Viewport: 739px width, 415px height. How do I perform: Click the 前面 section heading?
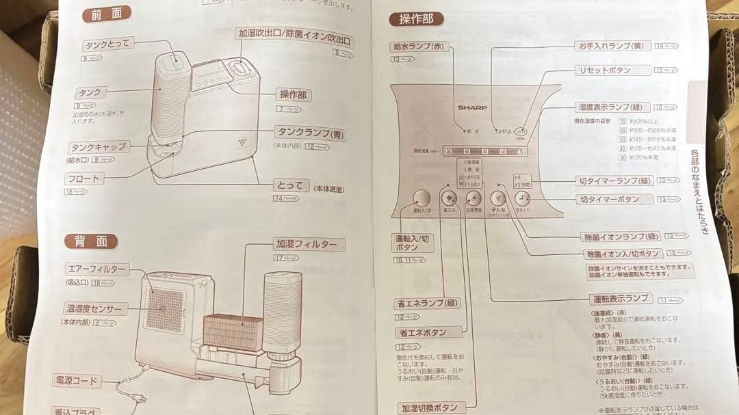click(106, 14)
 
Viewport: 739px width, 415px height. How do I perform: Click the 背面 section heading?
click(91, 241)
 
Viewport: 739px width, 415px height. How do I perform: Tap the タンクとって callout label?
click(107, 45)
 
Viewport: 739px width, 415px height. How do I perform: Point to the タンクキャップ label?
click(98, 147)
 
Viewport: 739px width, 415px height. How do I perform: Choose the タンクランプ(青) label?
click(310, 133)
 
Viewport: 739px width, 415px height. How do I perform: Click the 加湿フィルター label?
click(306, 244)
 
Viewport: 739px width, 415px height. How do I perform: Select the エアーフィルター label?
click(95, 269)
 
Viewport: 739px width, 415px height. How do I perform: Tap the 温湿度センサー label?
click(94, 309)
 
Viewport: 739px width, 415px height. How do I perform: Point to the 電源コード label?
click(75, 380)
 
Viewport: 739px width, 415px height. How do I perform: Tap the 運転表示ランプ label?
click(621, 299)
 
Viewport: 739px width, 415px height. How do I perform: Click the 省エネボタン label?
click(421, 332)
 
